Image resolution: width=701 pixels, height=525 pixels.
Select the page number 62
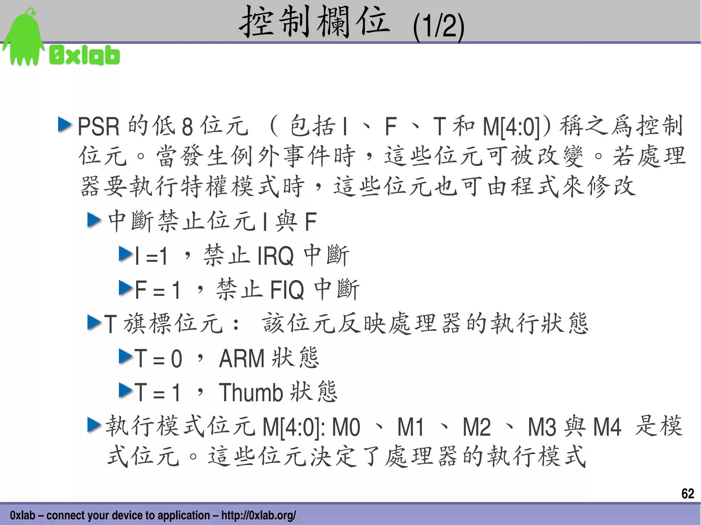click(x=687, y=493)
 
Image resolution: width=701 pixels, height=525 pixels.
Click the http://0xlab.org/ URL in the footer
click(x=258, y=515)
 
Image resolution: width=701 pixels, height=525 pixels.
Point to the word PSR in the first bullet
click(x=99, y=127)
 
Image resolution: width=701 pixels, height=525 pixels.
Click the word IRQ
click(x=275, y=256)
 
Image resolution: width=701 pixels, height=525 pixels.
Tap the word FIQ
click(x=287, y=290)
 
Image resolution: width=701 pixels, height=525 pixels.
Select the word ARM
click(x=242, y=358)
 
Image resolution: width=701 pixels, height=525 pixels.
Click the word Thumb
click(x=251, y=392)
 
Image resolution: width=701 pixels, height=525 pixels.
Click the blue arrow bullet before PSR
click(x=65, y=125)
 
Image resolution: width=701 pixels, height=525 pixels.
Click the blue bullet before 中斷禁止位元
click(x=94, y=220)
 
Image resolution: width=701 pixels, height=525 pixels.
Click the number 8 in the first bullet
click(x=187, y=127)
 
